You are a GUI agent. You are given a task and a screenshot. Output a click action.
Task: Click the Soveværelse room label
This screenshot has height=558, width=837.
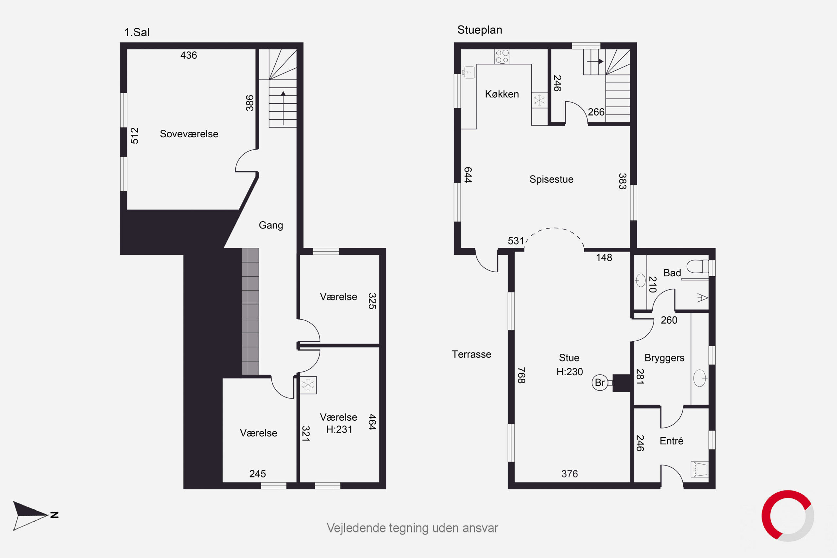point(189,134)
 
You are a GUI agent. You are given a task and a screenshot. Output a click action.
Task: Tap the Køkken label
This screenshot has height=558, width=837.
point(502,94)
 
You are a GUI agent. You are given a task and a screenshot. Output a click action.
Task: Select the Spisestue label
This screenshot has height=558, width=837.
point(551,179)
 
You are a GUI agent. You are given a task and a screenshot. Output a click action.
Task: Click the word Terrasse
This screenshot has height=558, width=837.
point(471,354)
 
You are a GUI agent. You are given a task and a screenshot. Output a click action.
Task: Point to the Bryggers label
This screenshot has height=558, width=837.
point(664,358)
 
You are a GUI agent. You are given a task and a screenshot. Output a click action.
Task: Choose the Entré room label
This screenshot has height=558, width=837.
point(672,441)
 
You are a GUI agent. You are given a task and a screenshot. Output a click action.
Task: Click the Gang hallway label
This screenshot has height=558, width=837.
point(271,225)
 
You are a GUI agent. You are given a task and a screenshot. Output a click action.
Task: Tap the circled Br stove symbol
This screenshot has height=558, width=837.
point(600,382)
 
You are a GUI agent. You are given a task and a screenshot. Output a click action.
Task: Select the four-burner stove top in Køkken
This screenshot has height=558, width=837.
point(502,57)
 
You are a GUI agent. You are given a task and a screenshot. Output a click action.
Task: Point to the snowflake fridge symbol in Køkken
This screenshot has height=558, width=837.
point(539,100)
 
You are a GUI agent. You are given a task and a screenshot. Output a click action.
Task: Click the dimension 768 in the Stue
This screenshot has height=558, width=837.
point(521,376)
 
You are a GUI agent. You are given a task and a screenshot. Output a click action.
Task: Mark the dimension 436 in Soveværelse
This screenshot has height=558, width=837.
point(189,55)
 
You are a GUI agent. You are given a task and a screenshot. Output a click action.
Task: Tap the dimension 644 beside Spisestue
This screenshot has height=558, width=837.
point(468,175)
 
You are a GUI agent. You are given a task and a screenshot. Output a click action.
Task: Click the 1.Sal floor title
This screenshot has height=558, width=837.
point(137,32)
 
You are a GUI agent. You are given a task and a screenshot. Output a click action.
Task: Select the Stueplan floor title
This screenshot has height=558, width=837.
point(480,30)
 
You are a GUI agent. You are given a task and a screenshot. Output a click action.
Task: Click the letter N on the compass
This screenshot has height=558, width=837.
point(55,515)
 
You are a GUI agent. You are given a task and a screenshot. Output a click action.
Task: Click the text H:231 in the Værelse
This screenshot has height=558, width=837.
point(339,430)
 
